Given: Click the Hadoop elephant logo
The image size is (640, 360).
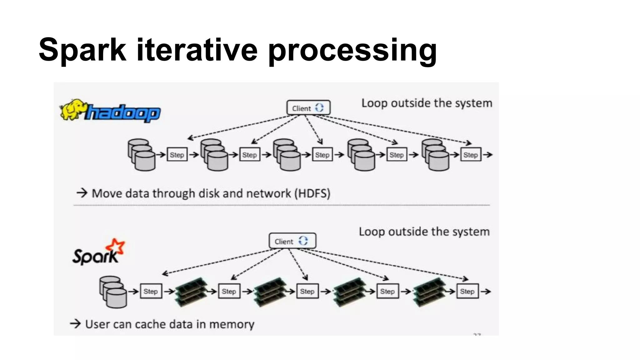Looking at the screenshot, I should coord(72,109).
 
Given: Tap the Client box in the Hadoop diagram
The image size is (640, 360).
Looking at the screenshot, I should coord(308,108).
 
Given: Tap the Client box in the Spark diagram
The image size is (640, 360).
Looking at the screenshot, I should coord(292,241).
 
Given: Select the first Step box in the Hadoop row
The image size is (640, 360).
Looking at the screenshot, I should coord(177,155).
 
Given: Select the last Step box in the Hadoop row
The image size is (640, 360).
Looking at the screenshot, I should coord(470,155).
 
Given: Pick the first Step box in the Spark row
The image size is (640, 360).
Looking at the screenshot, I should coord(151,291).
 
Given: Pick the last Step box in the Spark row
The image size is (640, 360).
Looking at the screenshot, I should coord(467,291).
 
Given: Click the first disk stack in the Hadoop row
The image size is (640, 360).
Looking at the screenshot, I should coord(141,155).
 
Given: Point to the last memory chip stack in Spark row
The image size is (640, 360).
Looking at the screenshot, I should coord(429,291).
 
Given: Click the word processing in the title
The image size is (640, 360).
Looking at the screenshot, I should coord(352,50).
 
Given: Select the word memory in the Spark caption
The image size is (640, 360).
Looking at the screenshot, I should coord(232,324).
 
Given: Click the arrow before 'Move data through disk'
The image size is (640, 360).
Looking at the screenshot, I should coord(82,193).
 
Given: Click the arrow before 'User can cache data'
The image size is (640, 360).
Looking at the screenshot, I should coord(75,323).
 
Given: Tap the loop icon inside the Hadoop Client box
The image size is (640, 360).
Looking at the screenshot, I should coord(319,108).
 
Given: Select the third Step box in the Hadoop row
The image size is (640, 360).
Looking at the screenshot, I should coord(322,155).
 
